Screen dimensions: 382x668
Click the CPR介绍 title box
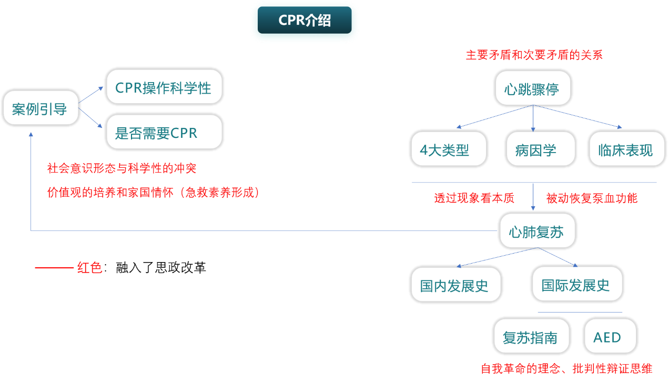click(305, 21)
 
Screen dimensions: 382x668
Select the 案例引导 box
click(41, 108)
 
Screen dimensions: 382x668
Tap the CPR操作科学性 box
click(164, 86)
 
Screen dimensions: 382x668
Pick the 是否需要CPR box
click(164, 132)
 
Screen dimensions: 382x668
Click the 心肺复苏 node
click(537, 231)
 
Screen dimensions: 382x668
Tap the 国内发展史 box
click(455, 285)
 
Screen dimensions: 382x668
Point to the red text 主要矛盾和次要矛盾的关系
click(534, 55)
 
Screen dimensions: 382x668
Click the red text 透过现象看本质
click(474, 198)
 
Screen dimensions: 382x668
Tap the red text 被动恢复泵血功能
click(592, 198)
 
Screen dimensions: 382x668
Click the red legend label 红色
click(89, 268)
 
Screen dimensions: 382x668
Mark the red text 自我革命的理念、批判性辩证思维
click(566, 369)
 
